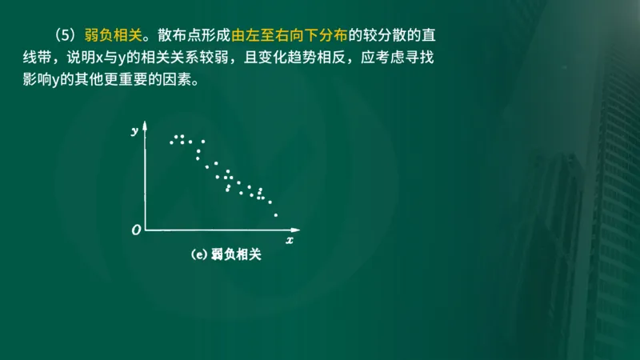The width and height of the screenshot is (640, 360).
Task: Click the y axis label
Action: [x=134, y=130]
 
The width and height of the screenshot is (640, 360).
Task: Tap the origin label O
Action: [x=136, y=230]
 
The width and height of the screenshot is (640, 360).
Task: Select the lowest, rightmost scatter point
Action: [x=275, y=214]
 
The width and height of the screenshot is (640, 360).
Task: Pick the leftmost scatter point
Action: [x=171, y=142]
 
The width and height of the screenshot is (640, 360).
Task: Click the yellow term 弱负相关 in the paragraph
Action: [x=114, y=36]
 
